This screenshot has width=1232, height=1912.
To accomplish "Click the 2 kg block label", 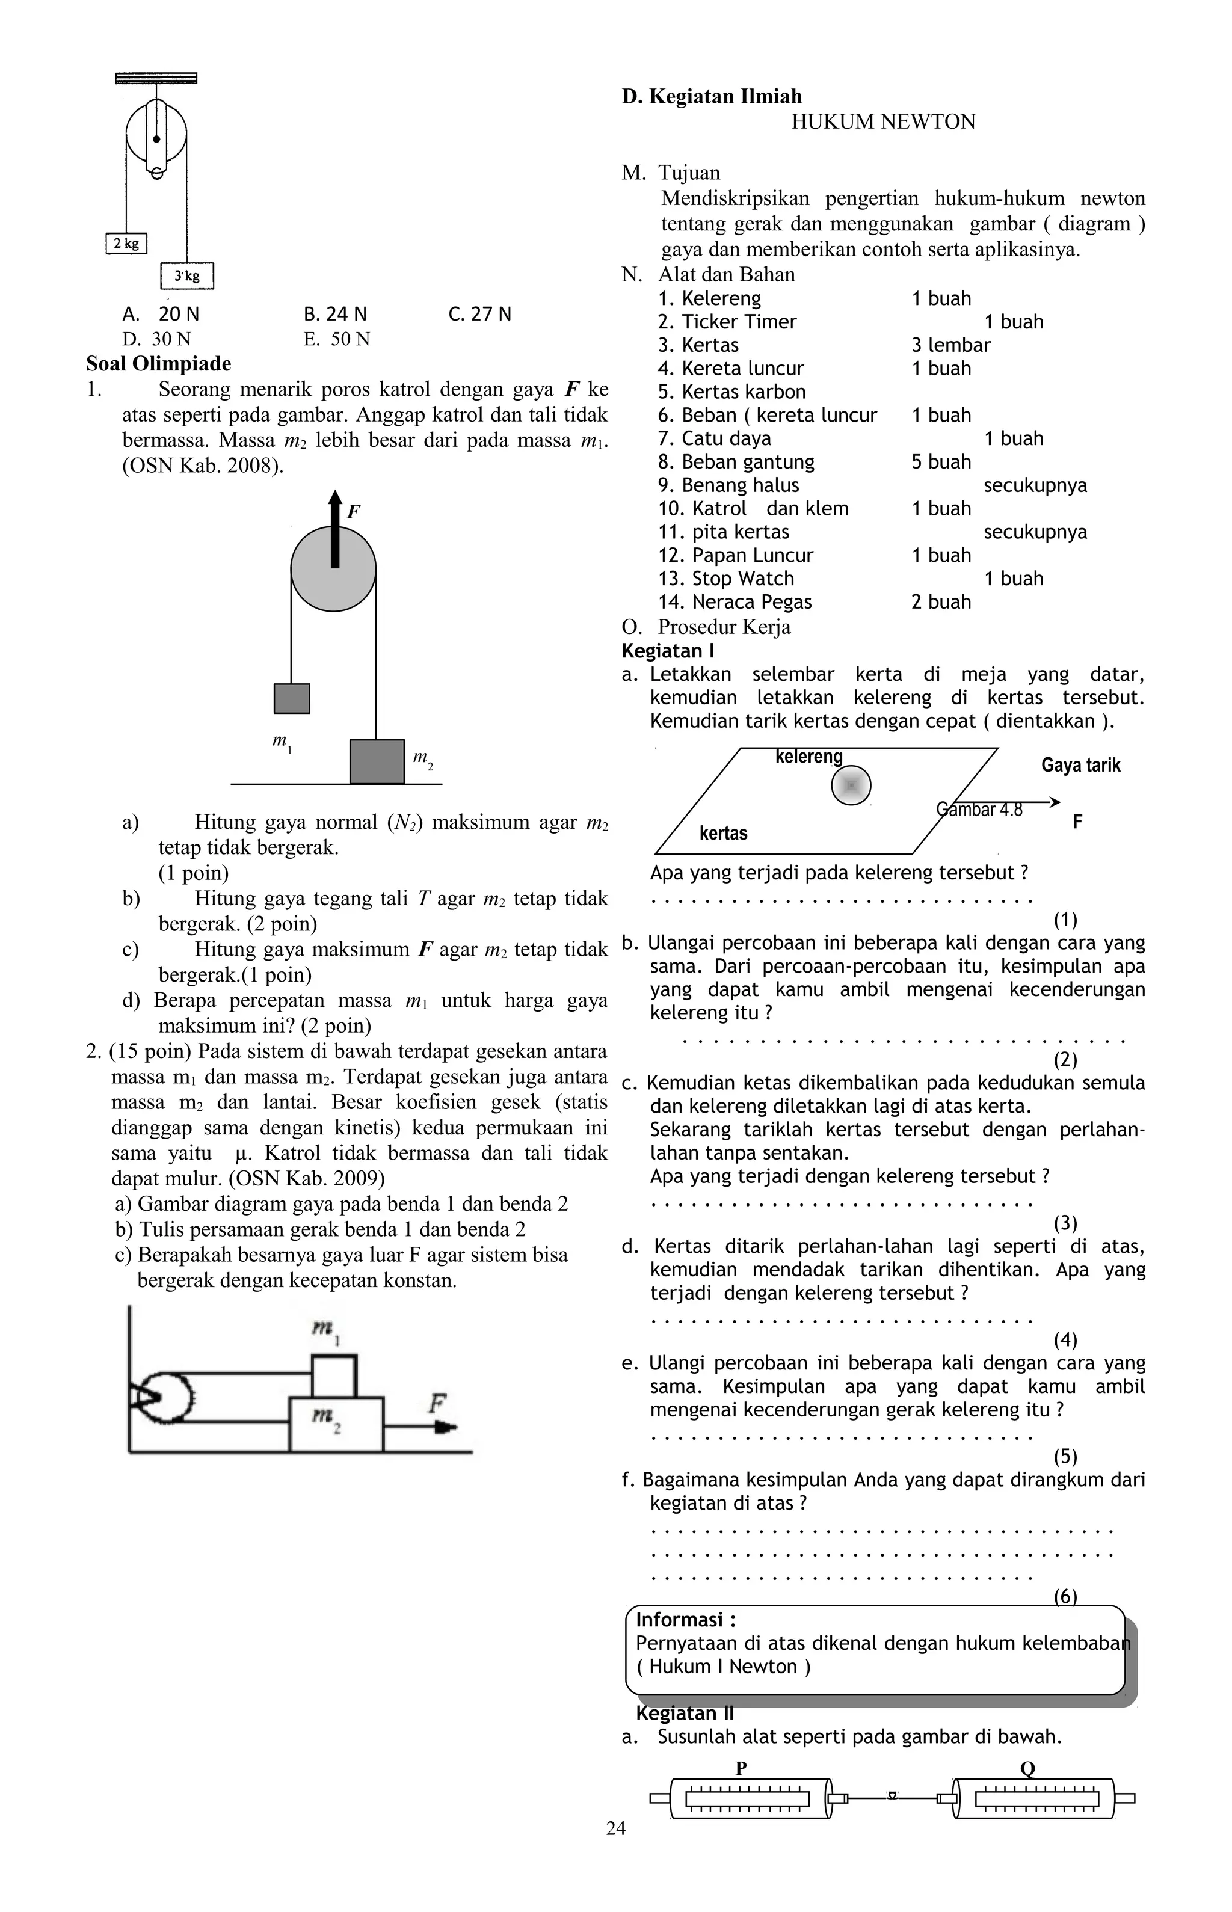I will [126, 243].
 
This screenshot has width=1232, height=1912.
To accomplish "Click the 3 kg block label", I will [187, 276].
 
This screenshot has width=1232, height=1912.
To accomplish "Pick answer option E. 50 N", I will [337, 339].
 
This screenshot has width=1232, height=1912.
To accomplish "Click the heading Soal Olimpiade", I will [158, 364].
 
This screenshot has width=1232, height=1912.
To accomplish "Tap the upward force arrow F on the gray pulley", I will [334, 528].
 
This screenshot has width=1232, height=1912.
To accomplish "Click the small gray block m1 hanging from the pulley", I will [292, 698].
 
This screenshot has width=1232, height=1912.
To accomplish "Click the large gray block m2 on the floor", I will [377, 761].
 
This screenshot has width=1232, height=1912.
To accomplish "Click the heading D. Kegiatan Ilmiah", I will [712, 97].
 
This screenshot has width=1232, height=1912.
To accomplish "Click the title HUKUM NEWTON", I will [883, 122].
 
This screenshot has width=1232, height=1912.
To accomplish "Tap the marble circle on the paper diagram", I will [851, 786].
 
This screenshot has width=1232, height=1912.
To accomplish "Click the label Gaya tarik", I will [1080, 765].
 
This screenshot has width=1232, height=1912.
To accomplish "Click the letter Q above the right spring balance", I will [1027, 1768].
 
